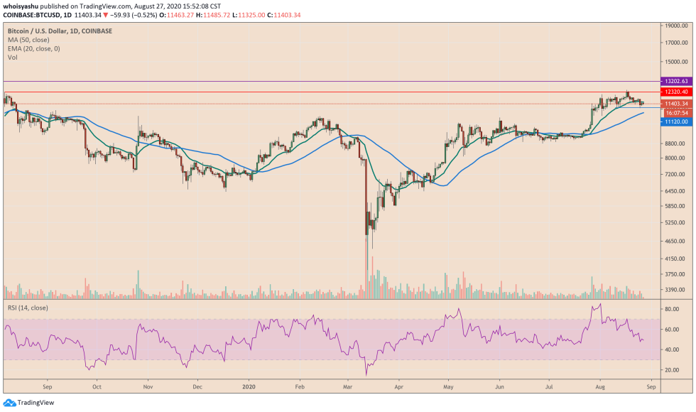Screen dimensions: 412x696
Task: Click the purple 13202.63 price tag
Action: [675, 82]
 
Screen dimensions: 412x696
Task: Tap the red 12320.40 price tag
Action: [675, 92]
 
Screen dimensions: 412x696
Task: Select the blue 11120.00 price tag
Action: [675, 122]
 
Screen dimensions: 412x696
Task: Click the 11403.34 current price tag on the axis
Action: [675, 104]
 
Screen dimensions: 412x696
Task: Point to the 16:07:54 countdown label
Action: [675, 113]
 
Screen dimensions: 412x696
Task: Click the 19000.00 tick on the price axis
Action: [677, 26]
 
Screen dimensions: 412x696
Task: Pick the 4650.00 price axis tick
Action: [675, 242]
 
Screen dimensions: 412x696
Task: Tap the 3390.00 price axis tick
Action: [675, 290]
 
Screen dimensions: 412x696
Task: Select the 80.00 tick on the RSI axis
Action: [671, 310]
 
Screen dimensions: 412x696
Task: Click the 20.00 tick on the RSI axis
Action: [671, 370]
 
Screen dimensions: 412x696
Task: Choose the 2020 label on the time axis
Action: [249, 388]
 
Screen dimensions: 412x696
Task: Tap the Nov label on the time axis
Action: [148, 388]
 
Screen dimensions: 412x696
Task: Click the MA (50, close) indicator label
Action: [28, 41]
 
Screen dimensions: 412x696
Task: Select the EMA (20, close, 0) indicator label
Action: [33, 50]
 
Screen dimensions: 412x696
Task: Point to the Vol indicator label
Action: [12, 58]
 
